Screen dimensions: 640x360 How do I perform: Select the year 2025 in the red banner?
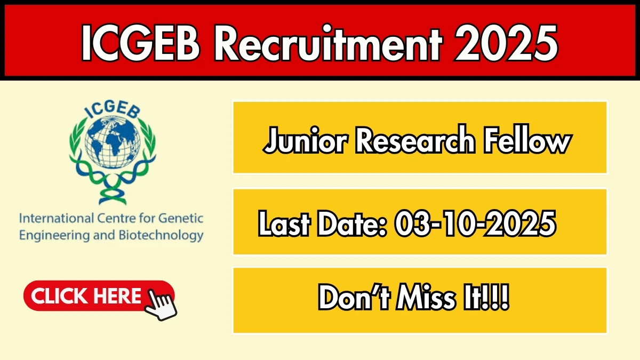coord(506,43)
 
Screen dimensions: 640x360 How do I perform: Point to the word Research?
coord(415,140)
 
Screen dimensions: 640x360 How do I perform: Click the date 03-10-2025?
coord(475,223)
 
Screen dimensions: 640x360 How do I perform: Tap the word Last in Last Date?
coord(284,223)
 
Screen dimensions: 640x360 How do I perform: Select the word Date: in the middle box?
coord(352,223)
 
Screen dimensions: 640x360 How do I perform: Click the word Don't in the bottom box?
coord(354,297)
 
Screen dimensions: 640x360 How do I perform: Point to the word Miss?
coord(426,297)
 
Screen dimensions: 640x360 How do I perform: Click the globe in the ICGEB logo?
coord(113,142)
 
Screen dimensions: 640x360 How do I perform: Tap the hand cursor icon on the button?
coord(161,305)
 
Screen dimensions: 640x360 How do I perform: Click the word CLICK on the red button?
coord(59,296)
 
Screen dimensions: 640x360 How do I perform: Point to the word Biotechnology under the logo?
coord(161,236)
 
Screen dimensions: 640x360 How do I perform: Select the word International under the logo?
coord(57,219)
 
